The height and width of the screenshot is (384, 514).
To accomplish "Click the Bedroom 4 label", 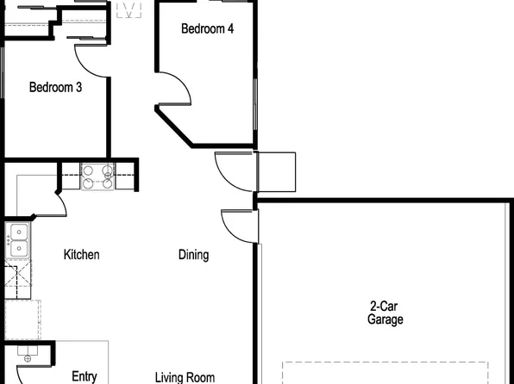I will (207, 28).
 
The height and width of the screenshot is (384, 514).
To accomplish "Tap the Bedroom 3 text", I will (55, 87).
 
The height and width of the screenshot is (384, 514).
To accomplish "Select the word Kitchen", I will (82, 255).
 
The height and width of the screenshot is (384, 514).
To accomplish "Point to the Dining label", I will (193, 255).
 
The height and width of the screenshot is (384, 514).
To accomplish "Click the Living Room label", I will (185, 377).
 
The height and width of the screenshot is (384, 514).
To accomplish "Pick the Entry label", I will (84, 376).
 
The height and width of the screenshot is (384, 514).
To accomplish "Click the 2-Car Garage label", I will (385, 313).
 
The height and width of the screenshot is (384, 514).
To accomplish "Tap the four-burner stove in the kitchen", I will (97, 177).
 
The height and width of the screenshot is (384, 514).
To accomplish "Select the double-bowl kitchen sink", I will (17, 241).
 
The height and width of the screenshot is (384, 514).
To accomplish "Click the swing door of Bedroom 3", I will (91, 60).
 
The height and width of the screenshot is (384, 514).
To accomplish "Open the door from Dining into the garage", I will (239, 226).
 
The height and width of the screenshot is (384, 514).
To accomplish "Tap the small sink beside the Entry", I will (27, 357).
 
